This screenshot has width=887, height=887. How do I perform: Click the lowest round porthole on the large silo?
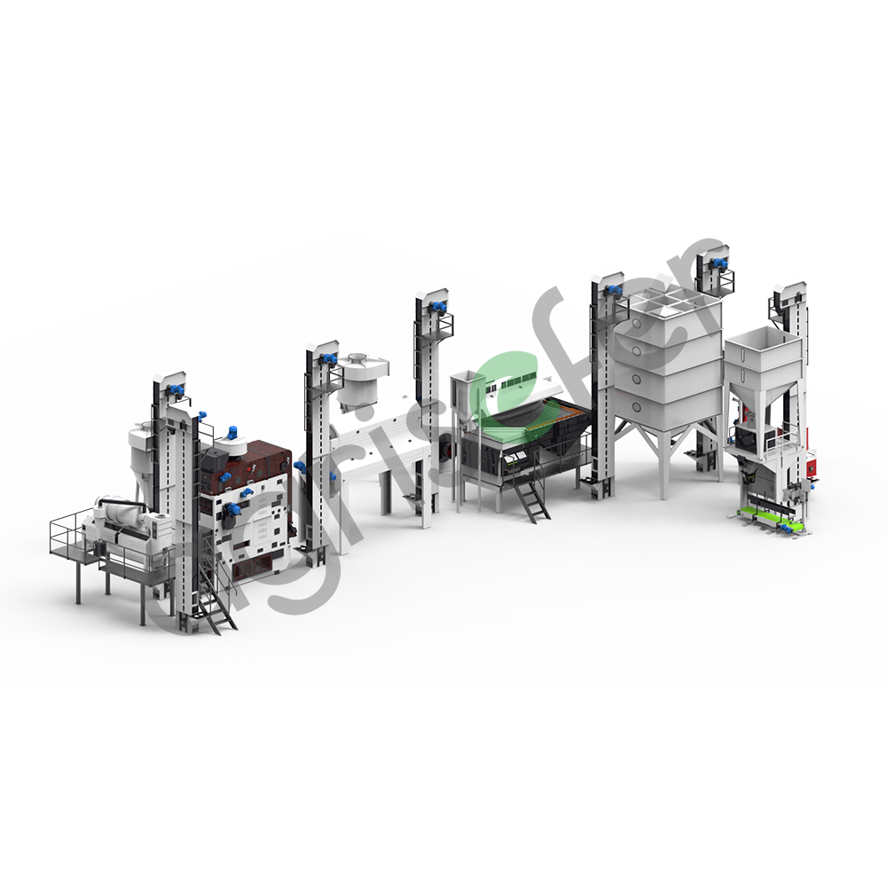coord(638,407)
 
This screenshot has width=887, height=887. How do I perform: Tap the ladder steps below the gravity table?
coord(531,501)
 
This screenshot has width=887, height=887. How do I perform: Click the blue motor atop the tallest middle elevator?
coord(436,307)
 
